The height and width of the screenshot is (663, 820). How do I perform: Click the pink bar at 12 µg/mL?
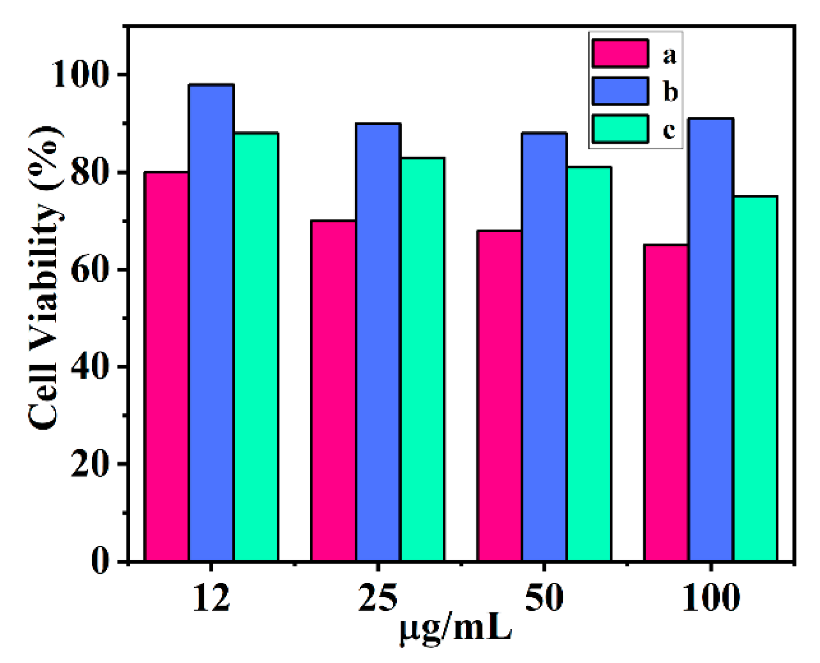[167, 366]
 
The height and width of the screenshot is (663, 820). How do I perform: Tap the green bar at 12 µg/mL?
[256, 347]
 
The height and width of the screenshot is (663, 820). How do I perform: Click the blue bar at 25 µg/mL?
[378, 342]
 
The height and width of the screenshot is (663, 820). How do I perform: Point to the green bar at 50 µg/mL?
[589, 363]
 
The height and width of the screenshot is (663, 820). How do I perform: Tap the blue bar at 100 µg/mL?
[711, 339]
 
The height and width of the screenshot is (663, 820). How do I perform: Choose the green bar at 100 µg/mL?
[755, 378]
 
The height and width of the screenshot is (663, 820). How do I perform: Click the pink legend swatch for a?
[620, 53]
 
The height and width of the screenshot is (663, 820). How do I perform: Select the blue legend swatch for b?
[620, 91]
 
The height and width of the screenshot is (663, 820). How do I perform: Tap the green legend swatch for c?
[620, 128]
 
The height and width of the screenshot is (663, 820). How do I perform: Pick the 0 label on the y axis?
[100, 561]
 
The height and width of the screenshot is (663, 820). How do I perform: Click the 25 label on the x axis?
[378, 598]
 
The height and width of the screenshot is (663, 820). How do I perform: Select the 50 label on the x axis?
[544, 598]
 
